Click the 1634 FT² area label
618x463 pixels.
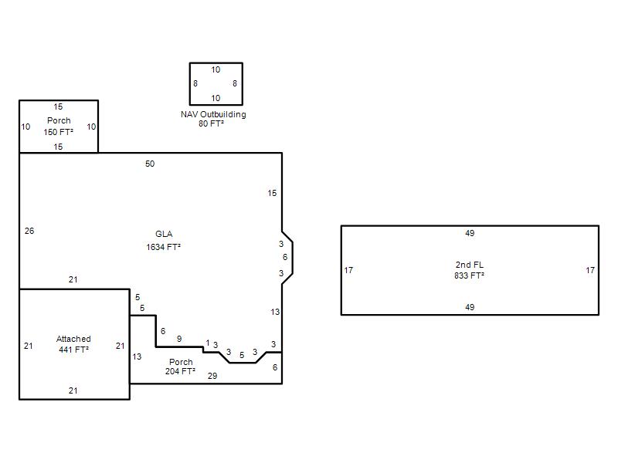[163, 247]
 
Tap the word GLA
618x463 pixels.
[164, 234]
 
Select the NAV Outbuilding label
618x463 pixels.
[213, 114]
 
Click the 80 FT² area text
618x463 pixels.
[211, 123]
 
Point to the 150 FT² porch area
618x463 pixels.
[59, 132]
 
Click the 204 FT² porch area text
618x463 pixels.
[180, 371]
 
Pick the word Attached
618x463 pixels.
[73, 339]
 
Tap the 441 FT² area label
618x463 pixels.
[73, 350]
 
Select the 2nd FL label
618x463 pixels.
[470, 265]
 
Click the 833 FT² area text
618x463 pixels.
[469, 275]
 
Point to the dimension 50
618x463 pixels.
[150, 164]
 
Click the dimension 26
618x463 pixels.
[29, 231]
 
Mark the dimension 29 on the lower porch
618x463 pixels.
[212, 376]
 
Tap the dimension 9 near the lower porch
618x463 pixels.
[179, 339]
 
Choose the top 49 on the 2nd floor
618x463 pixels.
[470, 233]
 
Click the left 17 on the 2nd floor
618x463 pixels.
[348, 271]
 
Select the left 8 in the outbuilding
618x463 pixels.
[195, 83]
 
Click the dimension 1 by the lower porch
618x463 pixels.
[208, 343]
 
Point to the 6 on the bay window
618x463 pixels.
[285, 257]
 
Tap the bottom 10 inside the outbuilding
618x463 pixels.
[216, 98]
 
